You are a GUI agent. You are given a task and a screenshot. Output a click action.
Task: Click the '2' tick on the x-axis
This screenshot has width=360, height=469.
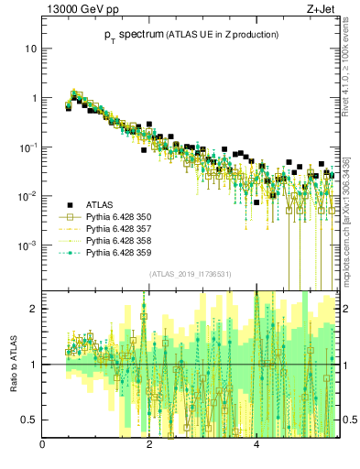pos(150,444)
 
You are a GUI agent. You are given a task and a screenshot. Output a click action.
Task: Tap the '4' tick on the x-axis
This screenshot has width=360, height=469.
pos(256,444)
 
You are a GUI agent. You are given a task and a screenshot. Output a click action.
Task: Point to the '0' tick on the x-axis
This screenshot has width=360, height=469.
pos(43,444)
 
